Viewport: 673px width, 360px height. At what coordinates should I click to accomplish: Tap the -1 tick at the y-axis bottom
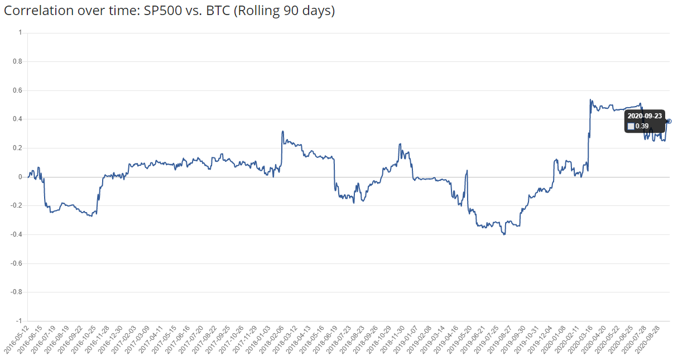(18, 321)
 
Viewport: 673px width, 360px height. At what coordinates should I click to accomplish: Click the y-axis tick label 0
(20, 177)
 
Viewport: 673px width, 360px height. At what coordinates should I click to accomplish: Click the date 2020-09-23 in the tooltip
(644, 116)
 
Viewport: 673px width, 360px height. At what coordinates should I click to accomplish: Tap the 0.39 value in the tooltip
(642, 126)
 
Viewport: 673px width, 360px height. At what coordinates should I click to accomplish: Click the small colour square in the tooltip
(631, 126)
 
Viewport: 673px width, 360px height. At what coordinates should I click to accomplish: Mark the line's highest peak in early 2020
(590, 100)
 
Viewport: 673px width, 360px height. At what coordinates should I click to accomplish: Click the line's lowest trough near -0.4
(504, 234)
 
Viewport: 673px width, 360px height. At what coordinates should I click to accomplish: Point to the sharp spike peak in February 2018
(283, 131)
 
